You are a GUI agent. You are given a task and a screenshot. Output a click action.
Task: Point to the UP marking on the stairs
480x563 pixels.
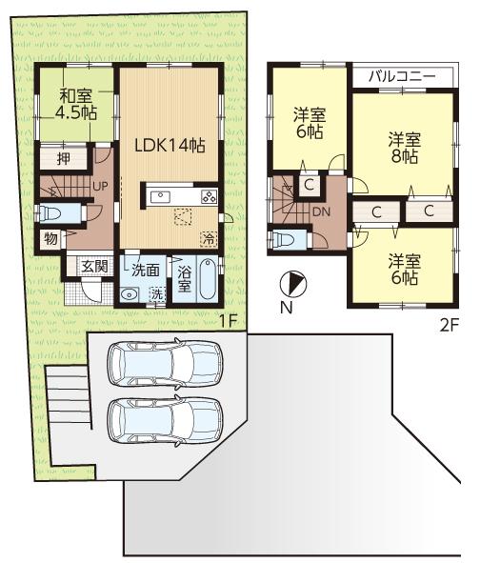click(x=98, y=185)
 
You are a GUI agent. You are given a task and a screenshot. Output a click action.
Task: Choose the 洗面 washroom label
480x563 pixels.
click(x=146, y=270)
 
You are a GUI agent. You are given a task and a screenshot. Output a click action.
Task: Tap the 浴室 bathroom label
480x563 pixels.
click(x=186, y=278)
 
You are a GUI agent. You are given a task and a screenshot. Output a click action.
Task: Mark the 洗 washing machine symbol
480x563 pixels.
click(x=157, y=294)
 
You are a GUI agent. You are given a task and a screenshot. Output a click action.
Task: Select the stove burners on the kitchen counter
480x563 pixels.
click(x=208, y=197)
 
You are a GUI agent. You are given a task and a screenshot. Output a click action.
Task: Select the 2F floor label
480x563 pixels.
click(x=449, y=322)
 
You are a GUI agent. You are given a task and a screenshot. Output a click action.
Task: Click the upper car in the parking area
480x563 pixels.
click(x=164, y=363)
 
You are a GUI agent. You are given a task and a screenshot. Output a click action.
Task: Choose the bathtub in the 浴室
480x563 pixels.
click(x=210, y=280)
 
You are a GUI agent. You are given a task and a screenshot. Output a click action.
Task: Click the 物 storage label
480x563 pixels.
click(x=48, y=237)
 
